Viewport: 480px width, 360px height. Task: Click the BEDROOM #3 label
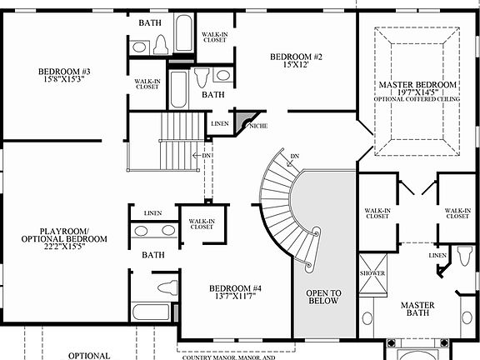[64, 71]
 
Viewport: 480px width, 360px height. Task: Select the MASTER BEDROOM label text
[417, 86]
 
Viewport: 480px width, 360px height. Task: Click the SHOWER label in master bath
[370, 272]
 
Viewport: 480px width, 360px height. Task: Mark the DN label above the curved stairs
[295, 157]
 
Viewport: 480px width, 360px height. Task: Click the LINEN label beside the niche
[220, 124]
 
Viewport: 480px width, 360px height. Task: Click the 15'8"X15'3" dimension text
[64, 81]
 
